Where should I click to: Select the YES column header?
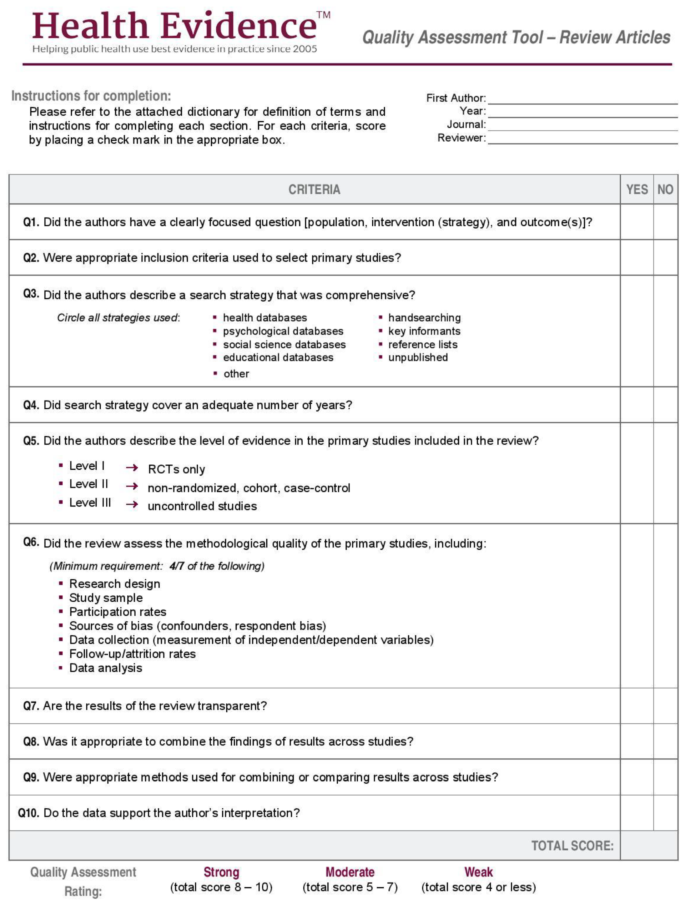636,189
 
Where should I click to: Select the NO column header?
665,189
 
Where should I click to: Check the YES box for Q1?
636,222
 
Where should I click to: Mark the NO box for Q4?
665,405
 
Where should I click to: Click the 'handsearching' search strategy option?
424,318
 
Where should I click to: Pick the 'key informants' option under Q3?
424,331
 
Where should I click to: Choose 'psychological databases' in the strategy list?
283,331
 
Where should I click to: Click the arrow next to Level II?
132,486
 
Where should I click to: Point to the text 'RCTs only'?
176,469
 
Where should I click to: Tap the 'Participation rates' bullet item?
118,612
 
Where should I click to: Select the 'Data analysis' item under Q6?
105,668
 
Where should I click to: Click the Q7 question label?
31,706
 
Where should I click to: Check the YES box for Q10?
636,812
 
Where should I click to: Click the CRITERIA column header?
314,189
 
